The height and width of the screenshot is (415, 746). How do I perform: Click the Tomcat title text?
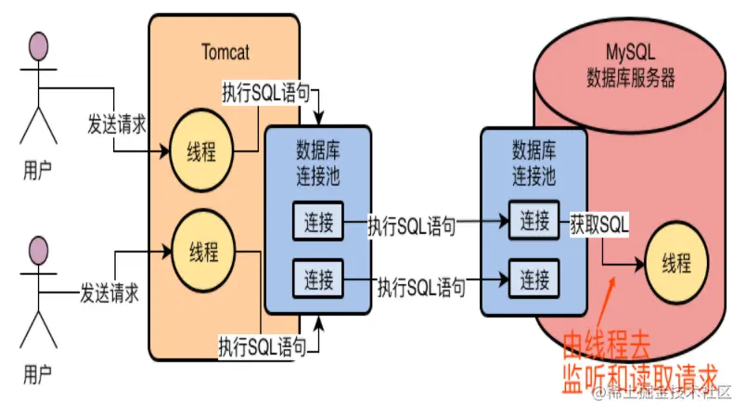[225, 51]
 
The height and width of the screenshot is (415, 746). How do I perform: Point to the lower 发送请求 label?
[109, 293]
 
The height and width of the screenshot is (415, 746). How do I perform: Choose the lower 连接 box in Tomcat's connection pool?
[318, 276]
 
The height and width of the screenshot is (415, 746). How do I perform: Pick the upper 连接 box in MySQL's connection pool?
[534, 220]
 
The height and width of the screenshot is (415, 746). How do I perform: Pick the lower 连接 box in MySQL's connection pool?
[534, 277]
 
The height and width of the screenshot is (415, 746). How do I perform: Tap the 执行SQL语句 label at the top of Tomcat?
[271, 94]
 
